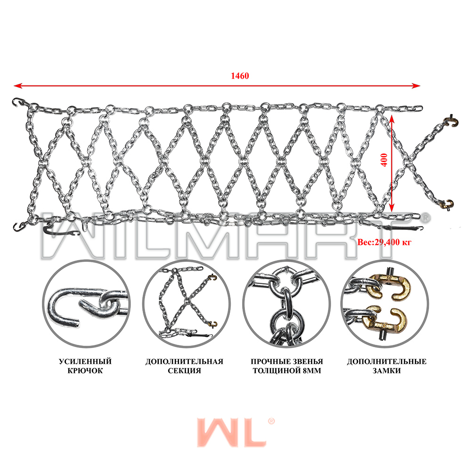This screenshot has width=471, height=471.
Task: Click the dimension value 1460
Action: pos(240,76)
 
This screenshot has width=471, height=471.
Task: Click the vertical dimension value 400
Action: pos(384,160)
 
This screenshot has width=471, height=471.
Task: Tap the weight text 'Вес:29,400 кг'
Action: pos(384,242)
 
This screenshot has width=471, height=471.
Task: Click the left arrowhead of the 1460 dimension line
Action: pos(18,86)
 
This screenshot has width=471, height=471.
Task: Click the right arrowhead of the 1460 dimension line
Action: pos(416,86)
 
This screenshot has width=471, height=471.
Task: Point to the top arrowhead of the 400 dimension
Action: pos(392,119)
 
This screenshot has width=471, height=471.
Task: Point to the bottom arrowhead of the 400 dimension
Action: pos(392,208)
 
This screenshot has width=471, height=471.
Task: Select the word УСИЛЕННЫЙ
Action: pos(85,361)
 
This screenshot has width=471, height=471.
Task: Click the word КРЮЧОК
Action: pos(85,371)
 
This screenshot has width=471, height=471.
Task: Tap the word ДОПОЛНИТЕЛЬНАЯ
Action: pos(185,361)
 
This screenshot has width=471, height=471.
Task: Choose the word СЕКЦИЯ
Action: pos(185,371)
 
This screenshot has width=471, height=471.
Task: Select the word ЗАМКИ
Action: pos(387,371)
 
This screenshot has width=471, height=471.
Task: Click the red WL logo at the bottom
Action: pos(235,432)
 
